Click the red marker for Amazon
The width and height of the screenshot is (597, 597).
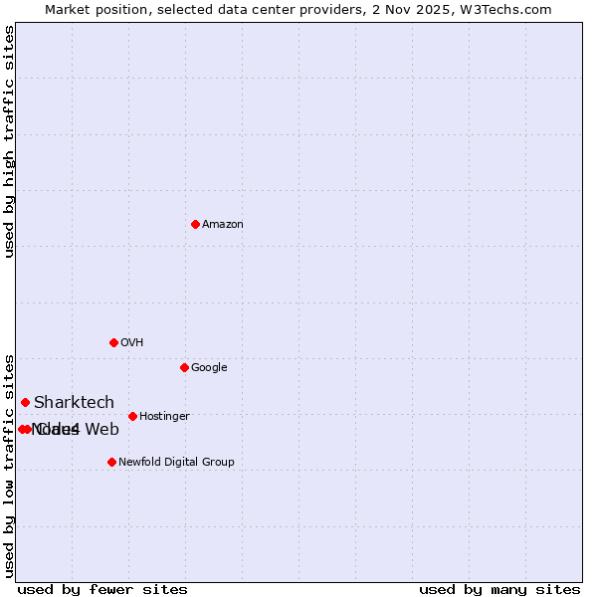click(x=195, y=224)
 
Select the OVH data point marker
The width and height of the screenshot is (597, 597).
click(x=113, y=342)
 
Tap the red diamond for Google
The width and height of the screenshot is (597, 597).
click(x=184, y=367)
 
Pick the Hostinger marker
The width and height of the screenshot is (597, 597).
click(x=132, y=416)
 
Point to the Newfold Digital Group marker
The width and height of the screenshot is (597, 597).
click(x=111, y=462)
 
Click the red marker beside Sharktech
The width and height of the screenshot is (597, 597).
click(x=25, y=402)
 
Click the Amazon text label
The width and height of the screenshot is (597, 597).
click(x=223, y=225)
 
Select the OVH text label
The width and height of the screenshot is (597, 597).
click(x=132, y=343)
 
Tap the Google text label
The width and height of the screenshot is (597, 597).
click(x=209, y=368)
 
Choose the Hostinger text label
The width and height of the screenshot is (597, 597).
click(x=164, y=417)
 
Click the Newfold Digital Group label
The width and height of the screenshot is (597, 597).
click(x=176, y=463)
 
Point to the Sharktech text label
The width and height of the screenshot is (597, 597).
click(x=74, y=403)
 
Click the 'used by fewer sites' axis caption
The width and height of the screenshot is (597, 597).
click(x=102, y=590)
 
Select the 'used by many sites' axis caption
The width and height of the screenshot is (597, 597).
click(x=499, y=590)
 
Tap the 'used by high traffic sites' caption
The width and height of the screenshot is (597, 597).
click(x=10, y=141)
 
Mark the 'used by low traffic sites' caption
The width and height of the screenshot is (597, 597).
click(x=10, y=465)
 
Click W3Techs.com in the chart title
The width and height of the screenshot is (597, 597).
click(x=513, y=9)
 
